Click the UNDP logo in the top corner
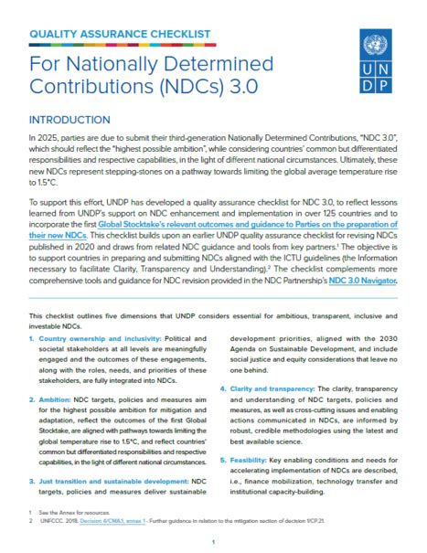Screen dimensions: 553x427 [x=375, y=62]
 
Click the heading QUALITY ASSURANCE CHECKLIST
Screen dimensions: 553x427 [x=121, y=36]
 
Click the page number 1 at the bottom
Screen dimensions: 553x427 [x=212, y=542]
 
